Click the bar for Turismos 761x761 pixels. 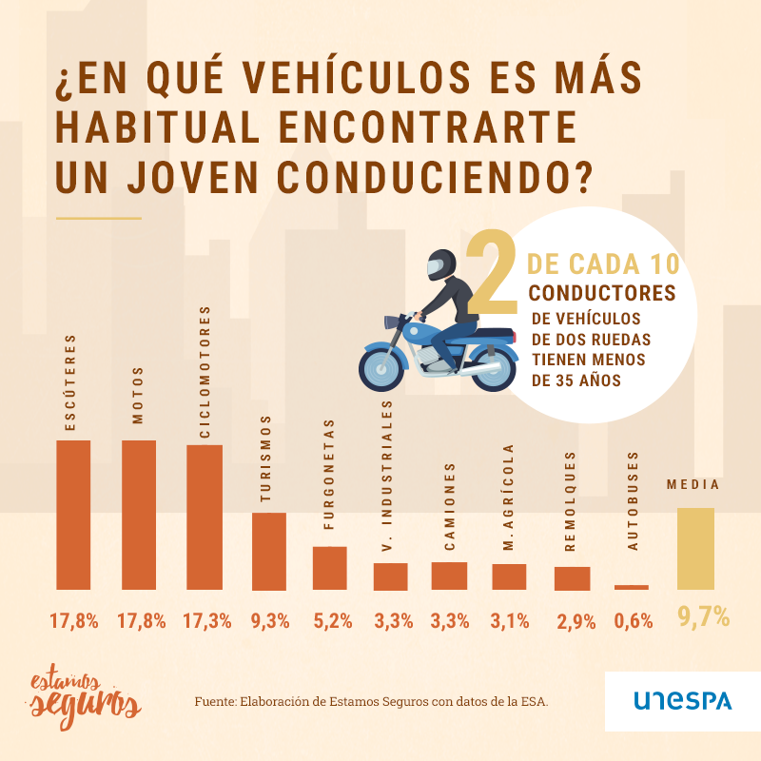click(x=268, y=551)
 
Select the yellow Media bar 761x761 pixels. click(x=694, y=549)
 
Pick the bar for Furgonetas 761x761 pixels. click(x=330, y=568)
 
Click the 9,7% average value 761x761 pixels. click(x=703, y=618)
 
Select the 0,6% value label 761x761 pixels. click(x=634, y=622)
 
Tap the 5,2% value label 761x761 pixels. click(x=333, y=622)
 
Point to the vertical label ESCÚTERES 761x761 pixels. click(x=70, y=381)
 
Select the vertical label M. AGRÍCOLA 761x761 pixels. click(x=509, y=498)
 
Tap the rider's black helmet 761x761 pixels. click(x=440, y=263)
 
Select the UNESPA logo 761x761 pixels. click(x=683, y=701)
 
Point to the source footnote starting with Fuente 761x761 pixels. click(x=372, y=702)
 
